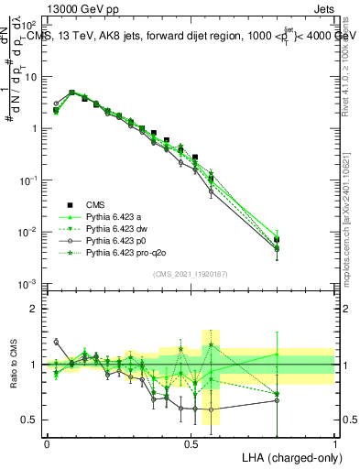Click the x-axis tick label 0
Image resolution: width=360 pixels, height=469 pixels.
[x=47, y=442]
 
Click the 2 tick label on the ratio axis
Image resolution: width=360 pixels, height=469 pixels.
[x=36, y=309]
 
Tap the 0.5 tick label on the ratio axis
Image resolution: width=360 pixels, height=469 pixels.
[x=32, y=420]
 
